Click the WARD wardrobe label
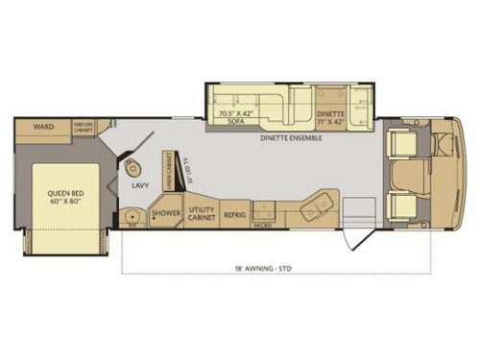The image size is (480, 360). tap(41, 125)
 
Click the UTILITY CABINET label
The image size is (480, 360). tap(201, 213)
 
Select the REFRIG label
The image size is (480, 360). tap(235, 215)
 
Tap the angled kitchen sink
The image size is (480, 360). tap(318, 204)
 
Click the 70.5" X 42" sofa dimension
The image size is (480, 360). tap(236, 114)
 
